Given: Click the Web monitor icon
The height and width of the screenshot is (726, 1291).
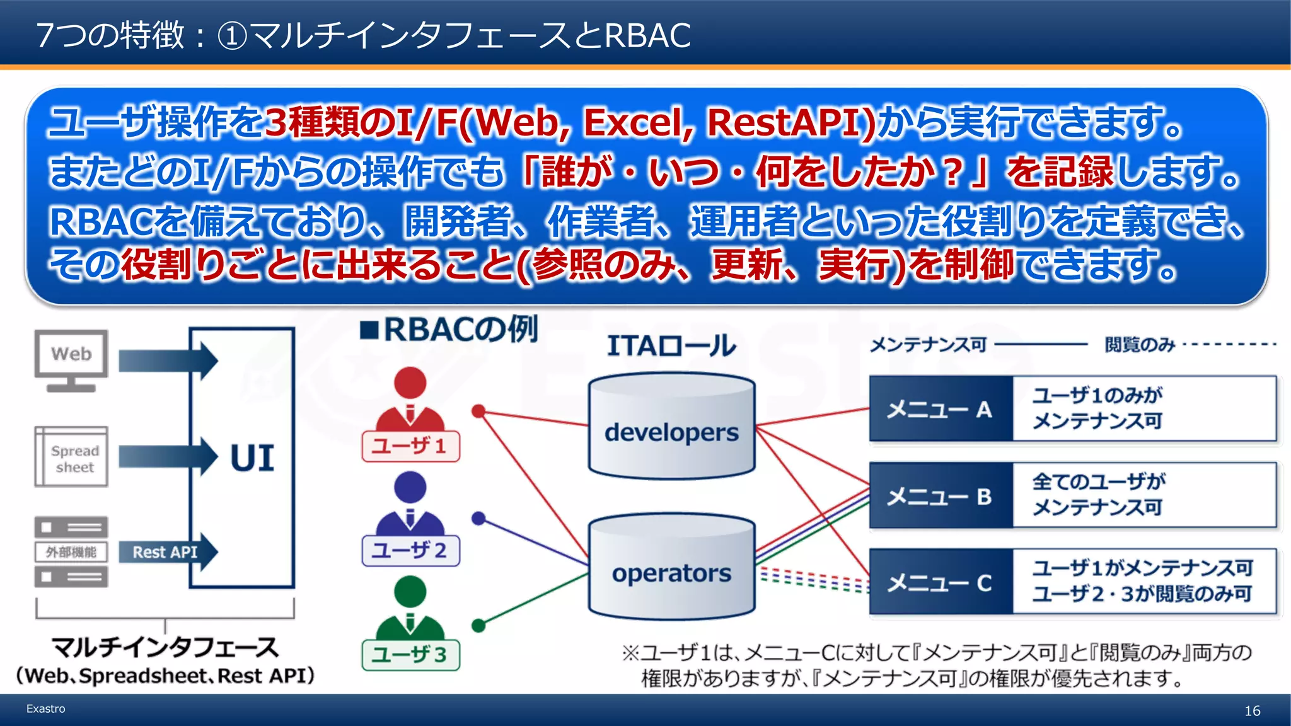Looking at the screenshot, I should pyautogui.click(x=71, y=360).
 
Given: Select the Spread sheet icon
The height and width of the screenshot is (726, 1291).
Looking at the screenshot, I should pyautogui.click(x=71, y=457).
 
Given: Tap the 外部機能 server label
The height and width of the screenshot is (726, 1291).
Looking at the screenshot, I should pyautogui.click(x=71, y=552).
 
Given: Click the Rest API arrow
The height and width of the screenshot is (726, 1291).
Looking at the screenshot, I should pyautogui.click(x=168, y=552).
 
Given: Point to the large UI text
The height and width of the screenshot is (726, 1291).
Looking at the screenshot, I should pyautogui.click(x=252, y=458).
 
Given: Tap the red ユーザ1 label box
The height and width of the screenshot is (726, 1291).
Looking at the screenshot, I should pyautogui.click(x=410, y=446).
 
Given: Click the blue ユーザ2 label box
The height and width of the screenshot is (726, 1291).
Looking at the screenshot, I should pyautogui.click(x=410, y=550).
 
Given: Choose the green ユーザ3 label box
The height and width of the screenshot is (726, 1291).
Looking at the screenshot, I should pyautogui.click(x=410, y=655).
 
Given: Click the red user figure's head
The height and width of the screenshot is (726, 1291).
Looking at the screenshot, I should pyautogui.click(x=410, y=383).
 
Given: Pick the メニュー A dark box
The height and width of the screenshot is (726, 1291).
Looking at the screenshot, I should pyautogui.click(x=940, y=410).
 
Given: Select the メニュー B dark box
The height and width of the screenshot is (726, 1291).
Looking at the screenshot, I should pyautogui.click(x=940, y=496).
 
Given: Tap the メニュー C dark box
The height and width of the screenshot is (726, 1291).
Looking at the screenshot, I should pyautogui.click(x=940, y=582).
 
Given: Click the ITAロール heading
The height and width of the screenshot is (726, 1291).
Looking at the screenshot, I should pyautogui.click(x=671, y=345).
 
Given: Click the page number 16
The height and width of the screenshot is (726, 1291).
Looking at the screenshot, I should pyautogui.click(x=1252, y=711).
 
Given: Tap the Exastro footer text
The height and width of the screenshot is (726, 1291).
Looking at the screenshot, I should pyautogui.click(x=45, y=708).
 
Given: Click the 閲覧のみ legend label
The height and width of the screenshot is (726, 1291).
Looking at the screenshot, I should pyautogui.click(x=1140, y=345).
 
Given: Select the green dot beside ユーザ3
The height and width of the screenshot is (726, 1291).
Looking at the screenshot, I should pyautogui.click(x=478, y=625).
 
